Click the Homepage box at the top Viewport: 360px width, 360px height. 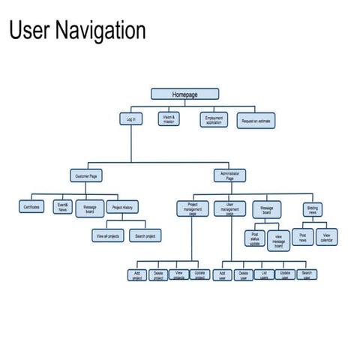tap(184, 94)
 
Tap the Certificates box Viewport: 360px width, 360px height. tap(31, 206)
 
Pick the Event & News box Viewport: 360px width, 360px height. tap(62, 208)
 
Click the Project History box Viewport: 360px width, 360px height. tap(122, 207)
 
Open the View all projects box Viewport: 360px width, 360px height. tap(108, 235)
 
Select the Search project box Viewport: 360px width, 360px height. tap(145, 235)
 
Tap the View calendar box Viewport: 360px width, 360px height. tap(326, 237)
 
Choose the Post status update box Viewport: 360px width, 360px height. tap(255, 238)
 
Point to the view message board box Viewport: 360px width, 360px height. tap(277, 240)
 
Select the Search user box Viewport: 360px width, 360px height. tap(306, 275)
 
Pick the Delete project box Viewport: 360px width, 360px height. tap(158, 275)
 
